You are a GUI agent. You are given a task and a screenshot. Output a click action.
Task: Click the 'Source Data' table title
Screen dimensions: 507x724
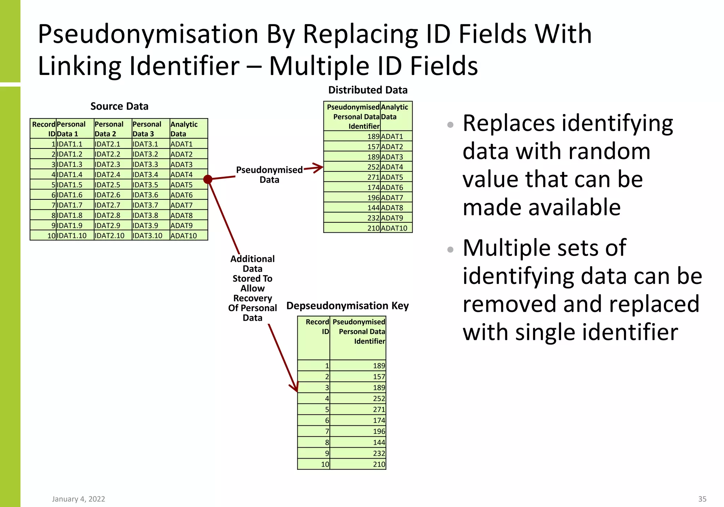pyautogui.click(x=119, y=106)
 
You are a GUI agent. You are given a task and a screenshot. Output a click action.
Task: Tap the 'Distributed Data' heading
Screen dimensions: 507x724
pyautogui.click(x=368, y=90)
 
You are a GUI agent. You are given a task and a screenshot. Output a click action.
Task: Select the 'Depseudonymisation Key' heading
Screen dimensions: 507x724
pyautogui.click(x=348, y=306)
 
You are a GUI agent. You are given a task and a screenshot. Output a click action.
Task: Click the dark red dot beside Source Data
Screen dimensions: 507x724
pyautogui.click(x=208, y=179)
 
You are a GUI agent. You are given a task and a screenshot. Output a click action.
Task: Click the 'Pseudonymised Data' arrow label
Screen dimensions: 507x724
pyautogui.click(x=269, y=175)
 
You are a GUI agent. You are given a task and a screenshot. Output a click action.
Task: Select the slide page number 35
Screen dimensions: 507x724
pyautogui.click(x=702, y=499)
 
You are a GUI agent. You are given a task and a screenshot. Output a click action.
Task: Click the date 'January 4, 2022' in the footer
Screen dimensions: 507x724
pyautogui.click(x=78, y=499)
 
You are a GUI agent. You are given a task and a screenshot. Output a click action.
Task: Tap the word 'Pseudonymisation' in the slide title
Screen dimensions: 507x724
pyautogui.click(x=148, y=34)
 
